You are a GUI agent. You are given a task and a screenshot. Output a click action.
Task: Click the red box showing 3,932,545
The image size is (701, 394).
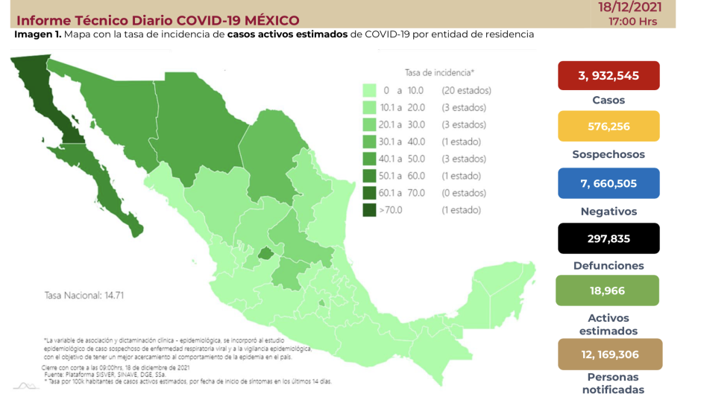point(609,75)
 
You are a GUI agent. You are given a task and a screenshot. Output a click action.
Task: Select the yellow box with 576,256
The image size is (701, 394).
point(609,126)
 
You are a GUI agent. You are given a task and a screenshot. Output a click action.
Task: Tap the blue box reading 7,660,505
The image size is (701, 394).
point(609,183)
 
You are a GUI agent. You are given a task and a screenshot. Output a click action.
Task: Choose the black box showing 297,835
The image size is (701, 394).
point(609,238)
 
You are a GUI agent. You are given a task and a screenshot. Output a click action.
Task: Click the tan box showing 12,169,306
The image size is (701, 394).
point(609,355)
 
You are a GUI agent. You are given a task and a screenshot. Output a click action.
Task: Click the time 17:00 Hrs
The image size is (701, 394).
point(632,22)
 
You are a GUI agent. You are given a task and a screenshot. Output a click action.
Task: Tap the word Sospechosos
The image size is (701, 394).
point(609,155)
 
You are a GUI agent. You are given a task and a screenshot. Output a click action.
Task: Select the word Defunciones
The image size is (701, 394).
point(609,265)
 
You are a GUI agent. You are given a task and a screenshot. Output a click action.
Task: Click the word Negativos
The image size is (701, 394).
point(609,212)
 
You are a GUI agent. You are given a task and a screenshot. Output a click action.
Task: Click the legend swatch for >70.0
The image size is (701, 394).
point(369,210)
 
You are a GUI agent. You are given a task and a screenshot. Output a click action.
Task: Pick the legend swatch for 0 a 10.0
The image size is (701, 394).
point(369,90)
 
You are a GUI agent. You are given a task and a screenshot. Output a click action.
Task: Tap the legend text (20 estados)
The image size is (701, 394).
point(466,90)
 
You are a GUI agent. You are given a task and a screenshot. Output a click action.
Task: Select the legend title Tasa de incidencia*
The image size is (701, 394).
point(439,72)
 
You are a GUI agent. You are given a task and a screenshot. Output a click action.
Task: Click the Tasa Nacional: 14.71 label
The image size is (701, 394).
point(72,295)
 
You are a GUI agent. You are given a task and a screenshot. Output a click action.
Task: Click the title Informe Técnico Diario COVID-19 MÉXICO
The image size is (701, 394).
point(157,20)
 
